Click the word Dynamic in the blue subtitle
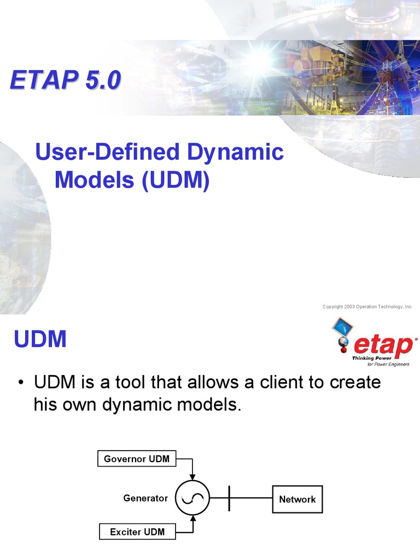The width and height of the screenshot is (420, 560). point(236,152)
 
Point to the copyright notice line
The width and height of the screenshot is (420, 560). point(367,307)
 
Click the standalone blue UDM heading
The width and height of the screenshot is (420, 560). point(40,340)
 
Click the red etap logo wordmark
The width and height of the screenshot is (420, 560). point(383,345)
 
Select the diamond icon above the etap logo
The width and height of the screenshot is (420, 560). point(342,328)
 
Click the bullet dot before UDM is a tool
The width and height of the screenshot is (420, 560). point(20,382)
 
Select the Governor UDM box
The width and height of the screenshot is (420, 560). point(137,459)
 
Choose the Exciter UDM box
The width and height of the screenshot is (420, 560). point(137,532)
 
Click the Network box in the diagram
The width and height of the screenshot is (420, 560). point(297,499)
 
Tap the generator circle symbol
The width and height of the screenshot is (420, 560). point(192,498)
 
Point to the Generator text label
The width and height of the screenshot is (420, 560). point(145,498)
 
